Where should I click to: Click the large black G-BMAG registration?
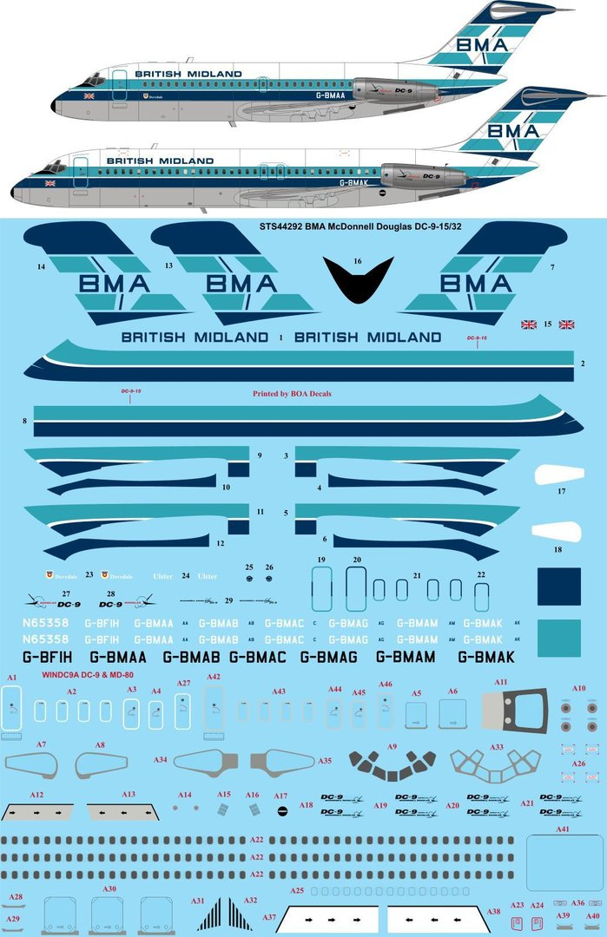coord(328,658)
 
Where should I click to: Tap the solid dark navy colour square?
coord(559,587)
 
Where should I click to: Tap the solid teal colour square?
coord(559,638)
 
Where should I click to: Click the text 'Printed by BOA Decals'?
coord(292,393)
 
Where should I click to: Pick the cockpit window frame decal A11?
coord(516,711)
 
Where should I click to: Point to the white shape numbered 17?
coord(556,475)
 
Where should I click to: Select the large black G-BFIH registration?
coord(43,658)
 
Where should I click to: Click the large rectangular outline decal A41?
coord(564,862)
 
